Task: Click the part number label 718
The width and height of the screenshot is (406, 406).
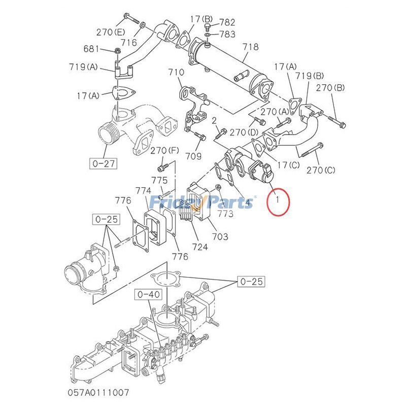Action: pos(250,47)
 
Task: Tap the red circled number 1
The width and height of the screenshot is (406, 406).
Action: pos(278,201)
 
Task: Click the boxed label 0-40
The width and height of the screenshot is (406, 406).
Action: pos(148,294)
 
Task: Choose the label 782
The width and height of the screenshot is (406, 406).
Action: pos(227,22)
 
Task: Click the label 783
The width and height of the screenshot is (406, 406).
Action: pos(227,34)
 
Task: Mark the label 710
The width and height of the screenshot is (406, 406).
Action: pos(176,73)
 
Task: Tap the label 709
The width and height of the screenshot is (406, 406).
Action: pos(194,156)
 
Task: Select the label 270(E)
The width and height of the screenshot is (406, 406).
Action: pos(111,32)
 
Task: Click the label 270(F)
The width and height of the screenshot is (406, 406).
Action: pos(165,150)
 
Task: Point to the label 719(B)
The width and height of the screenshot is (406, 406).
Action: pos(310,76)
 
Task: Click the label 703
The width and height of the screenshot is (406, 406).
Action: pos(220,236)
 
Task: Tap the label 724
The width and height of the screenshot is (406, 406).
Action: pos(200,247)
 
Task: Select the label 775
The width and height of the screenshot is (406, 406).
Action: pos(159,180)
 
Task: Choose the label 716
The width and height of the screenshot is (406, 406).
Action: pos(129,43)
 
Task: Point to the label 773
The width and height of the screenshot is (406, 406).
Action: pos(226,214)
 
